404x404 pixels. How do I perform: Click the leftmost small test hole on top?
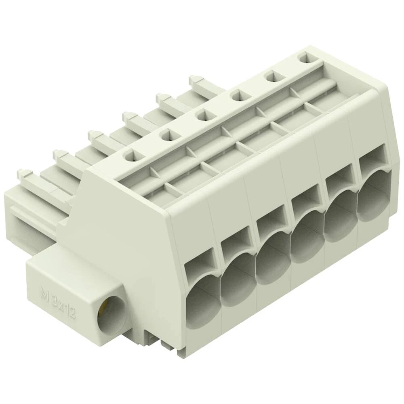pyautogui.click(x=134, y=156)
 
